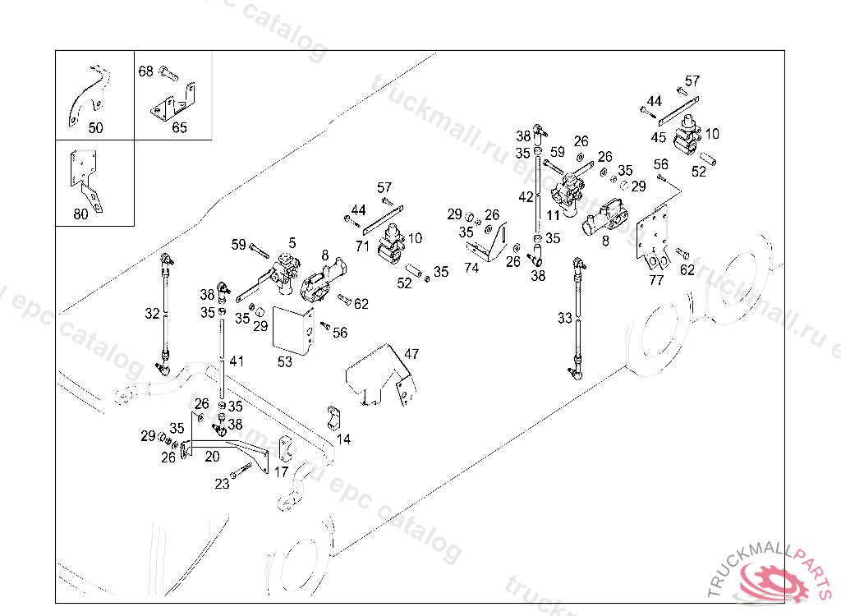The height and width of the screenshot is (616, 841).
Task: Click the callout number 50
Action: tap(96, 127)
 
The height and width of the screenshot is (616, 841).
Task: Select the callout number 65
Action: tap(179, 127)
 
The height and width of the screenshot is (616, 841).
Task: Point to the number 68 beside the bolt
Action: tap(145, 71)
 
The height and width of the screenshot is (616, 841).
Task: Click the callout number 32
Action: tap(152, 313)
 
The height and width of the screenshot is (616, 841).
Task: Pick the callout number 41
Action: tap(237, 361)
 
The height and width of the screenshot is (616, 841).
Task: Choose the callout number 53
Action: tap(284, 361)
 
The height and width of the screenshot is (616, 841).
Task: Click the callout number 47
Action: tap(411, 354)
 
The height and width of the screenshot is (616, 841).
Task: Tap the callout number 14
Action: tap(343, 439)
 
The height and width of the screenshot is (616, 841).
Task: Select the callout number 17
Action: tap(281, 472)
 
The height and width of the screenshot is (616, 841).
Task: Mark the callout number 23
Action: tap(222, 484)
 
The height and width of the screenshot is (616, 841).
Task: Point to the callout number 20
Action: tap(212, 456)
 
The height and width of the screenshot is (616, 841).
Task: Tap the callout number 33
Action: tap(564, 318)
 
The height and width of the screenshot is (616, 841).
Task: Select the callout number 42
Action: tap(526, 197)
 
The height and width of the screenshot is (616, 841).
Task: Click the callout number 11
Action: tap(553, 215)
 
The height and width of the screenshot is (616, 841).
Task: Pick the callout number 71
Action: tap(362, 246)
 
